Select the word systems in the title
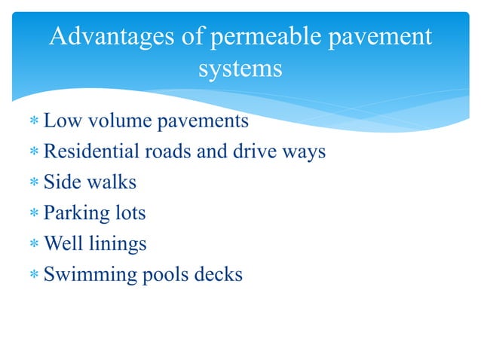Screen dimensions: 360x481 (x=240, y=69)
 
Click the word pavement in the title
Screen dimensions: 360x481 (x=386, y=37)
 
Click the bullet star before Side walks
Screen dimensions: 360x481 (x=33, y=183)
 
